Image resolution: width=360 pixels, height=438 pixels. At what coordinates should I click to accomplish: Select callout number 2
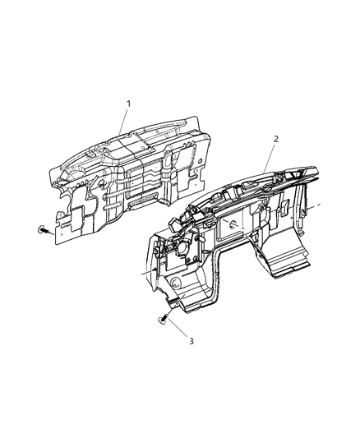pos(275,140)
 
